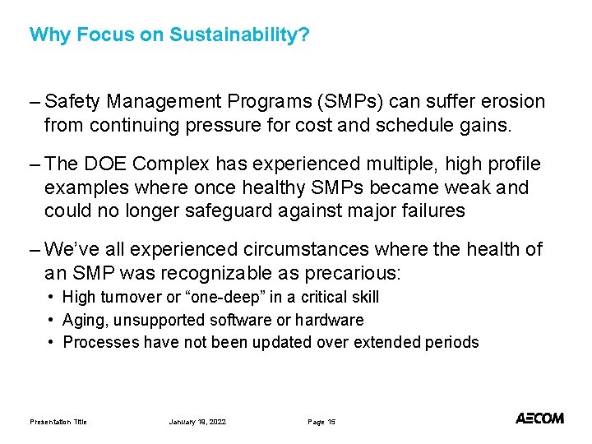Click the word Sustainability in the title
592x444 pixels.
239,35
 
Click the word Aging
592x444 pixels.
83,320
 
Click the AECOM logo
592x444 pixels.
539,419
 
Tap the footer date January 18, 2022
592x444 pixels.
197,422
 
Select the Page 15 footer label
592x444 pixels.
321,422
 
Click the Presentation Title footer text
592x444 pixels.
58,422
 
